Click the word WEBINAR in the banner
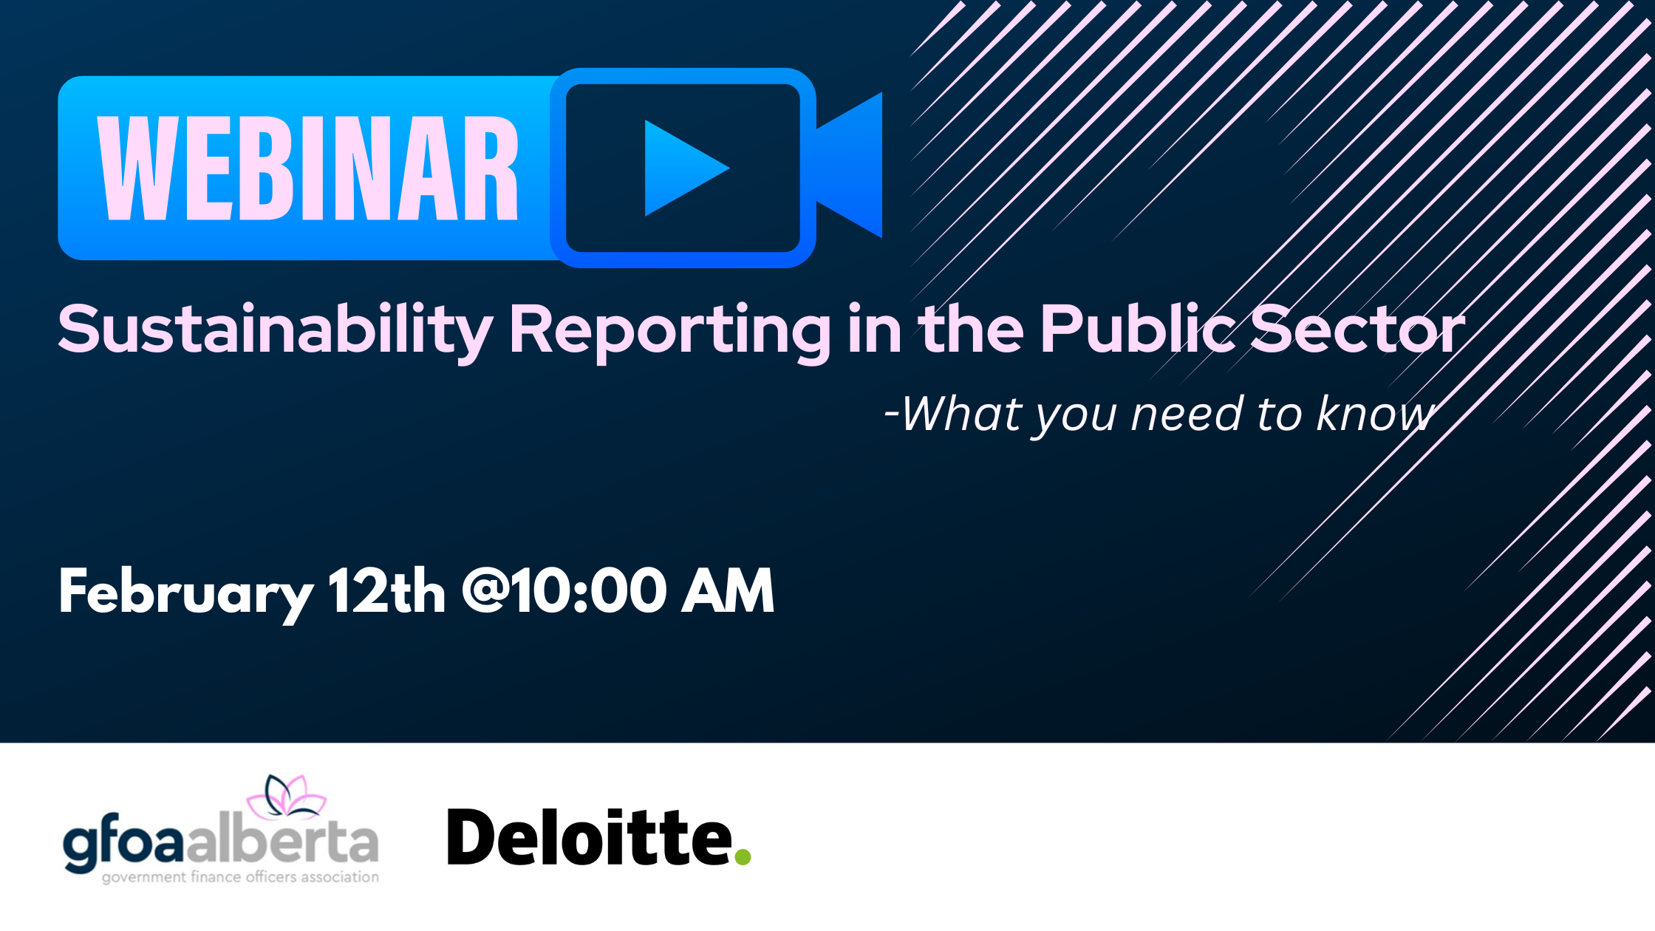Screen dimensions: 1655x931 [x=308, y=168]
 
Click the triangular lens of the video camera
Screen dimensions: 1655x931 [x=850, y=166]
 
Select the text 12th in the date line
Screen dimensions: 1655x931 [x=387, y=590]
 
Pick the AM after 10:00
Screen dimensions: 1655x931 [x=728, y=590]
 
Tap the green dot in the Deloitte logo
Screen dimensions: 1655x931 [x=743, y=856]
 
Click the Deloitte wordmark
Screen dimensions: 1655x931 [x=590, y=837]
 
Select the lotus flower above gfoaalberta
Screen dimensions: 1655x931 [x=287, y=797]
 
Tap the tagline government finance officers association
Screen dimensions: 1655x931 [x=240, y=877]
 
